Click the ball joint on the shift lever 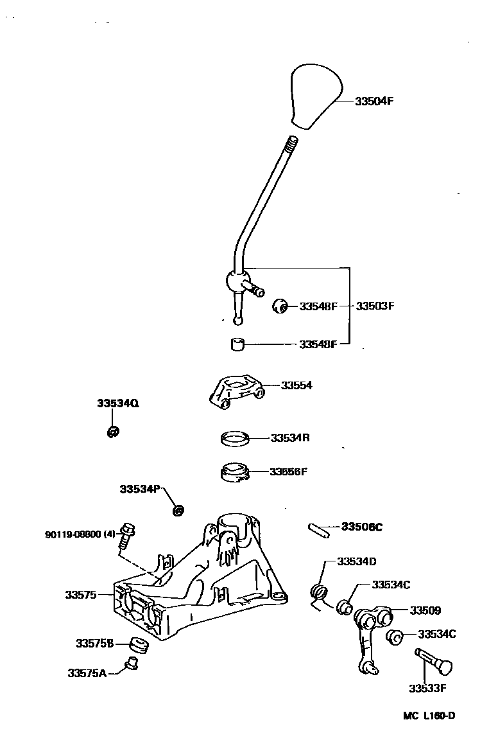236,281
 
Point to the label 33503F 375,306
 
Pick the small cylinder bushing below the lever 239,345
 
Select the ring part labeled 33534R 234,439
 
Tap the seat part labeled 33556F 232,472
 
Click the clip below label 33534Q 112,432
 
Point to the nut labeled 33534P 178,511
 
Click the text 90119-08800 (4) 80,534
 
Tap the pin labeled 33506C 318,529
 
